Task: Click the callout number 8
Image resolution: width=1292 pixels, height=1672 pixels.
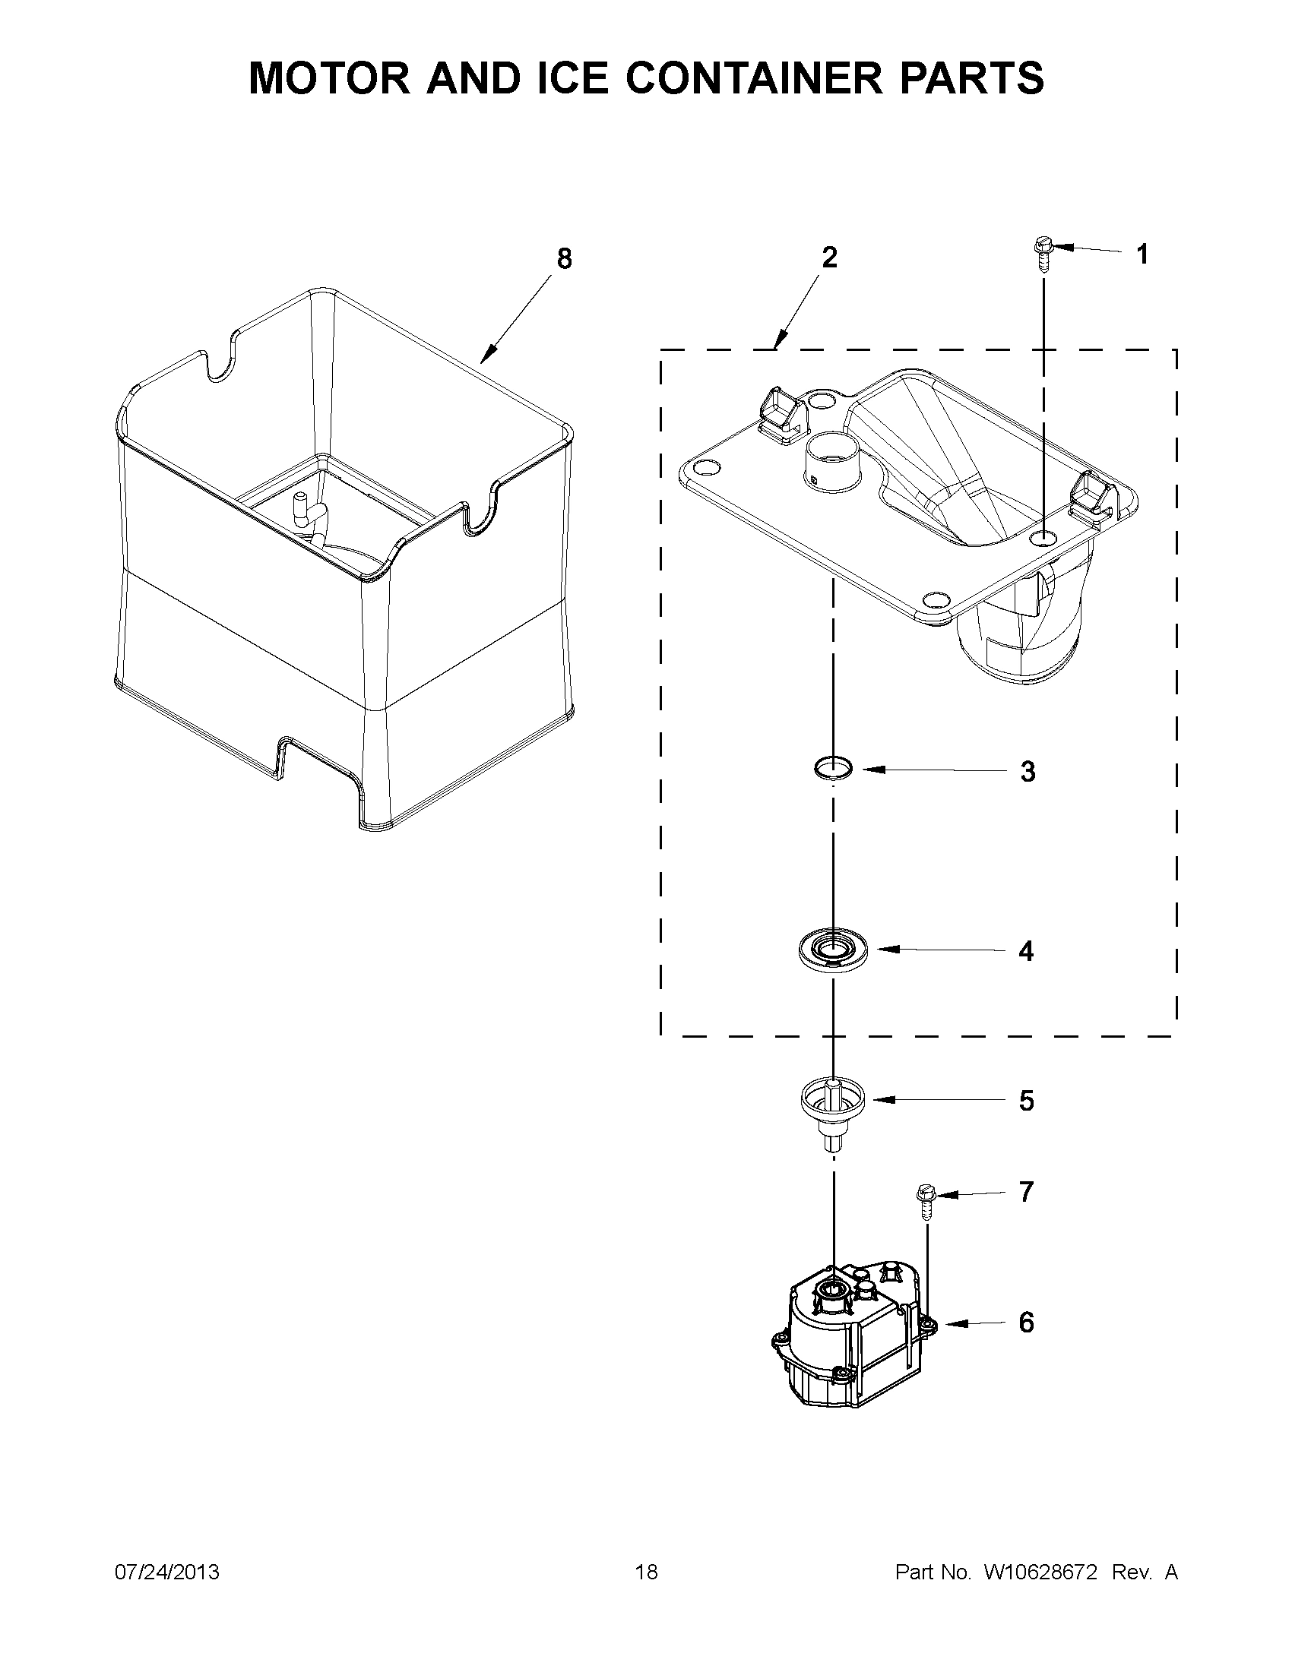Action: coord(564,260)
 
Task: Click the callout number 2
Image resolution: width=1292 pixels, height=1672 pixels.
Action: coord(829,258)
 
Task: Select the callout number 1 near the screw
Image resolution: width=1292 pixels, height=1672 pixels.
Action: coord(1142,254)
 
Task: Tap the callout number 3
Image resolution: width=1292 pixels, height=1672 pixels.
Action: coord(1028,772)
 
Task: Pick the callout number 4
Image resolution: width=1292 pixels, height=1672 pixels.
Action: coord(1026,951)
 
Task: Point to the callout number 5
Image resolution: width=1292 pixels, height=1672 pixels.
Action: coord(1026,1101)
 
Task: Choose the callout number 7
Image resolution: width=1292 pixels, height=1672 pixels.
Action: coord(1026,1192)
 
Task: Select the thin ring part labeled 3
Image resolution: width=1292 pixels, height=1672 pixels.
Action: coord(832,767)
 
